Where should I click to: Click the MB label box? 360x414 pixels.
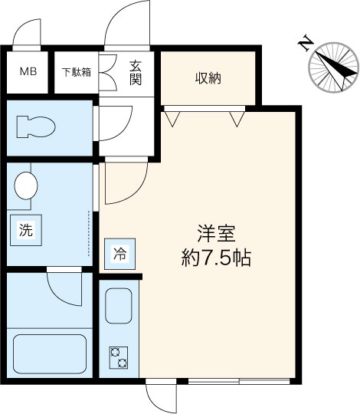[x=27, y=73]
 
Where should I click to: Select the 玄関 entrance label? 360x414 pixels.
[x=135, y=72]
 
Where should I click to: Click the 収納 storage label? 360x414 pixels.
[x=208, y=78]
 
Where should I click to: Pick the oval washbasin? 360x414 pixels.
[x=27, y=185]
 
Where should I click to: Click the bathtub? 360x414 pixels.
[x=47, y=352]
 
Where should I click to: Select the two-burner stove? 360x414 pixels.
[x=119, y=358]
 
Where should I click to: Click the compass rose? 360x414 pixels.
[x=332, y=69]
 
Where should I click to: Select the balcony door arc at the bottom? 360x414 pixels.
[x=161, y=397]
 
